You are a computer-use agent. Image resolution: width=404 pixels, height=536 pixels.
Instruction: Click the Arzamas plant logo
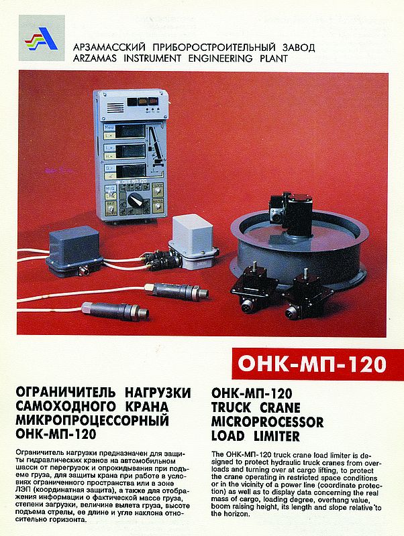click(x=42, y=38)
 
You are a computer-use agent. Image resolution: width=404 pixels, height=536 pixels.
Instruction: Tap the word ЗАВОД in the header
click(x=298, y=47)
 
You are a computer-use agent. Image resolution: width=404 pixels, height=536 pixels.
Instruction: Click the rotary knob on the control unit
click(x=136, y=200)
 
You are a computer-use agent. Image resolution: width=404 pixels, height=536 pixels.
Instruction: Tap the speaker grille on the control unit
click(x=115, y=108)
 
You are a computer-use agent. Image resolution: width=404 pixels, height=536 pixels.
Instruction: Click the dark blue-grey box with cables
click(x=73, y=250)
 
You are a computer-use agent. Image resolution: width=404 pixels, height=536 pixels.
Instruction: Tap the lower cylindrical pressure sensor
click(x=115, y=310)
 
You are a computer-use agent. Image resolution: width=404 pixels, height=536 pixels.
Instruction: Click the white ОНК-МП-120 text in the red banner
click(x=312, y=364)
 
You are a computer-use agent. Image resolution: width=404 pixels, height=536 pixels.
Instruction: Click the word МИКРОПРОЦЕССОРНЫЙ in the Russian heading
click(x=93, y=420)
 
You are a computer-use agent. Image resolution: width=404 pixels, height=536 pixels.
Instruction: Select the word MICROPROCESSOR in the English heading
click(x=267, y=422)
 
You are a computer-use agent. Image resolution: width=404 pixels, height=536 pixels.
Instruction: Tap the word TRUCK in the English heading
click(x=231, y=408)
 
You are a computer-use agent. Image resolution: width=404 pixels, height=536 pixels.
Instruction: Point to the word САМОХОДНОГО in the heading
click(x=66, y=406)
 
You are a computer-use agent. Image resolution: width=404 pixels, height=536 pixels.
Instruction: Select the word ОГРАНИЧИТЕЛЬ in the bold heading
click(x=65, y=392)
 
